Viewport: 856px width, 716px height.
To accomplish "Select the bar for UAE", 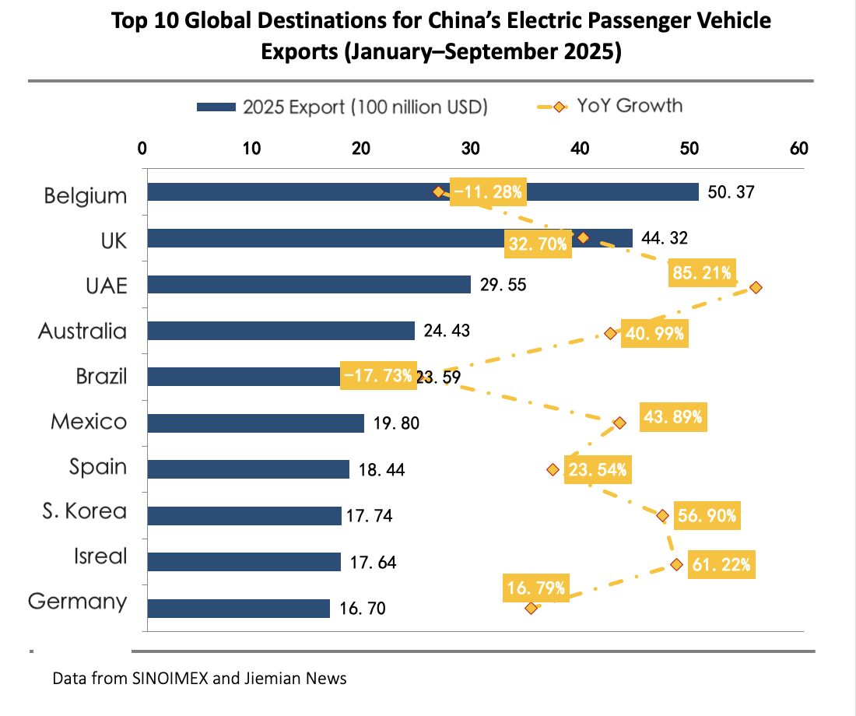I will pyautogui.click(x=309, y=284).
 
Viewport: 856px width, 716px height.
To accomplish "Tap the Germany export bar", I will pyautogui.click(x=238, y=608).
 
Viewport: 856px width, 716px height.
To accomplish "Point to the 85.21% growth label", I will pyautogui.click(x=701, y=272).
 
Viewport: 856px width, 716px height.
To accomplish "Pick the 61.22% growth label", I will pyautogui.click(x=720, y=565).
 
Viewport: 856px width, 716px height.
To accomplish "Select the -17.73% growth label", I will pyautogui.click(x=378, y=377).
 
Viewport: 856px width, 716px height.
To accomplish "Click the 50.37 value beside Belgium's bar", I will pyautogui.click(x=731, y=192).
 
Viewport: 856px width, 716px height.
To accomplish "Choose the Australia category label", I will pyautogui.click(x=82, y=331).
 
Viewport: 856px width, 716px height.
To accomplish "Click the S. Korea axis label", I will pyautogui.click(x=85, y=511).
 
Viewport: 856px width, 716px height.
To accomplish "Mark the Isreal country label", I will pyautogui.click(x=100, y=556).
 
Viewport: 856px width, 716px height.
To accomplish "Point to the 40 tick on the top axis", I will pyautogui.click(x=580, y=149).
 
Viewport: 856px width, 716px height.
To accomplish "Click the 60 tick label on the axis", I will pyautogui.click(x=798, y=149).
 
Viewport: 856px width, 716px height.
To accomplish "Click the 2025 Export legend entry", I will pyautogui.click(x=342, y=107).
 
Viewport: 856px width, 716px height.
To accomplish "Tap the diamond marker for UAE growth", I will pyautogui.click(x=756, y=288).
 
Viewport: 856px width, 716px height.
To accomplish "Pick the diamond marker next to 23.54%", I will pyautogui.click(x=553, y=469).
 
